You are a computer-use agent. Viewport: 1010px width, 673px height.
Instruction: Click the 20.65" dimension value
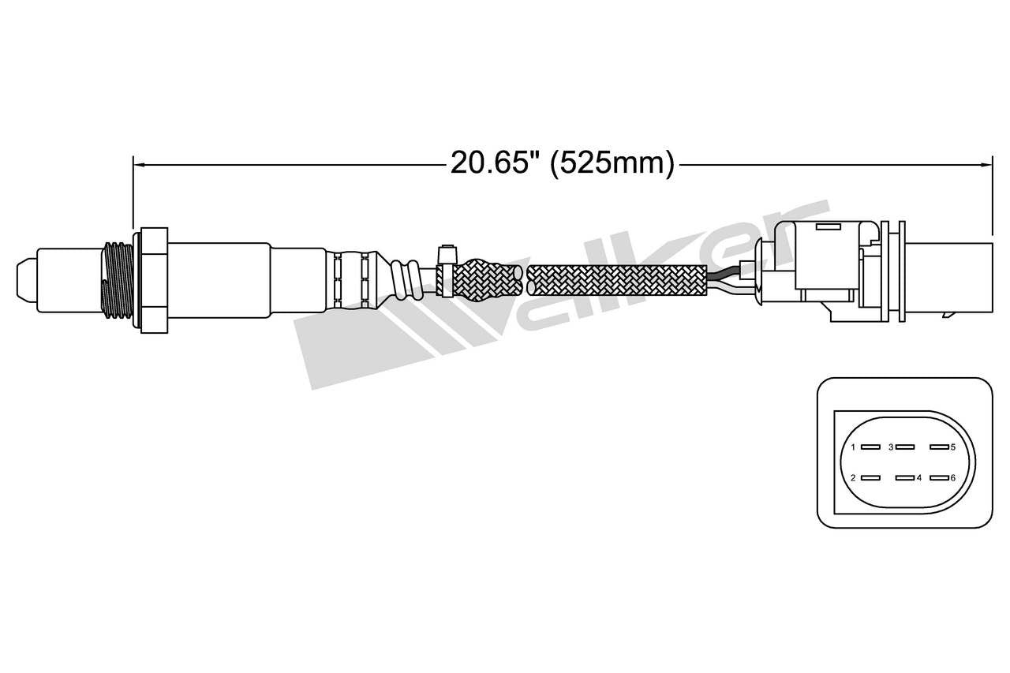coord(488,163)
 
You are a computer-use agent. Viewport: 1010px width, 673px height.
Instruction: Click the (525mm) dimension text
coord(612,163)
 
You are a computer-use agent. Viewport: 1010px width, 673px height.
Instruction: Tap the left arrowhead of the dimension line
coord(137,164)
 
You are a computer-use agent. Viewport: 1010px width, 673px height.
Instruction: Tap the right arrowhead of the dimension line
coord(986,164)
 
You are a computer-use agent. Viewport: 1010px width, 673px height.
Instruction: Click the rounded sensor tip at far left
coord(25,279)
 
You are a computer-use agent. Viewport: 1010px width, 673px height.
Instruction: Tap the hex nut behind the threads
coord(154,279)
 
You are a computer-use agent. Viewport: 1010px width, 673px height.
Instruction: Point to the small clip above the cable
coord(447,254)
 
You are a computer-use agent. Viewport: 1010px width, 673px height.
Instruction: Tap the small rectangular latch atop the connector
coord(828,227)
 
